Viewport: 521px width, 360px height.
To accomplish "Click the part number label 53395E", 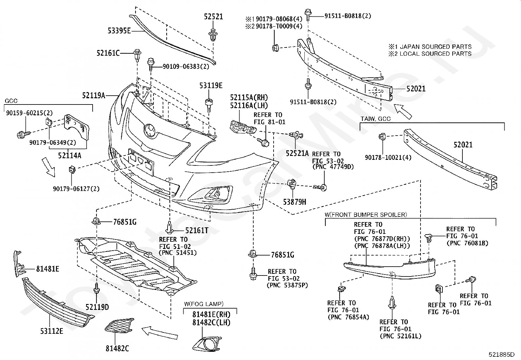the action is point(119,30).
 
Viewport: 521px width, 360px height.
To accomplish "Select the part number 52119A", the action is point(94,95).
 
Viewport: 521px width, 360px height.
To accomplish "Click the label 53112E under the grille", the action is point(52,331).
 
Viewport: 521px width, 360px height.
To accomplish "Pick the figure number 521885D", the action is point(501,354).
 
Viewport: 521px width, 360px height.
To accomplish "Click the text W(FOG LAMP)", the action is point(204,304).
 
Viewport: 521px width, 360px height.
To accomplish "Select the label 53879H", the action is point(295,202).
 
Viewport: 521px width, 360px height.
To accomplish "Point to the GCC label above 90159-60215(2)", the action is point(11,101).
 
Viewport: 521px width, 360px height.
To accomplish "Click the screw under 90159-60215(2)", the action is point(24,134).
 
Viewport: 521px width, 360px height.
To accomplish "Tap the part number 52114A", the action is point(70,155).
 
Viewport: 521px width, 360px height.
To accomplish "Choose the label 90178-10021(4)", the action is point(388,158).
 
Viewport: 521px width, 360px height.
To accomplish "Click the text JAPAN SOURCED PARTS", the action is point(436,47).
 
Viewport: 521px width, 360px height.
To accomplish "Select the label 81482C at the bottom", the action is point(117,348).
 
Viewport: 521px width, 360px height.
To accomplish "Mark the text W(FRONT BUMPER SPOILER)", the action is point(366,215).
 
